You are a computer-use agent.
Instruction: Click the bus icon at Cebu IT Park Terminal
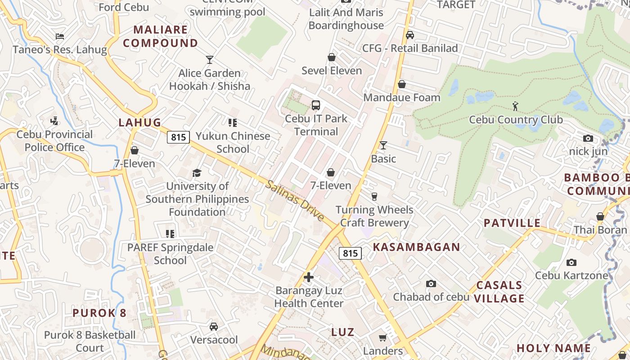click(316, 105)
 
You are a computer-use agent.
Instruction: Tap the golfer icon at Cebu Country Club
click(516, 106)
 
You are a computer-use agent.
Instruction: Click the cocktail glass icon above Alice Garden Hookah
click(209, 59)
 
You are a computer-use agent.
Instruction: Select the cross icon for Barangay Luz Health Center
click(309, 277)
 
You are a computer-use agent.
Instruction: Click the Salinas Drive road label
click(295, 200)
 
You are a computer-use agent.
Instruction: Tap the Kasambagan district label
click(416, 247)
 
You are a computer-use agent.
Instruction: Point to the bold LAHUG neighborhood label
click(139, 122)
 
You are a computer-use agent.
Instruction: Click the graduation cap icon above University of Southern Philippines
click(197, 173)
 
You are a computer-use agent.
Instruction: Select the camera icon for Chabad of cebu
click(431, 283)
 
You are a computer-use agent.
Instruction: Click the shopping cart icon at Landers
click(382, 337)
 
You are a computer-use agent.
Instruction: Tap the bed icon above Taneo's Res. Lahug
click(59, 36)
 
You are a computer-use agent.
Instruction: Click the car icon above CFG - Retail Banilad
click(410, 35)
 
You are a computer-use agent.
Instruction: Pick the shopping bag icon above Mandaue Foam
click(402, 84)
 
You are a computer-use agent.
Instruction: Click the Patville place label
click(512, 223)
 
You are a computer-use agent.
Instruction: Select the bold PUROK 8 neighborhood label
click(99, 313)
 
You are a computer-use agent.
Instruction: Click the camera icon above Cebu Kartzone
click(571, 262)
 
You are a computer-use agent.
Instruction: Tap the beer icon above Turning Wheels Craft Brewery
click(374, 196)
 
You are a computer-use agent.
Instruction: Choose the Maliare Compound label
click(161, 36)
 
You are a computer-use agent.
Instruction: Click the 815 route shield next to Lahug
click(179, 137)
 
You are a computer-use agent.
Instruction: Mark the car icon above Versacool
click(214, 326)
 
